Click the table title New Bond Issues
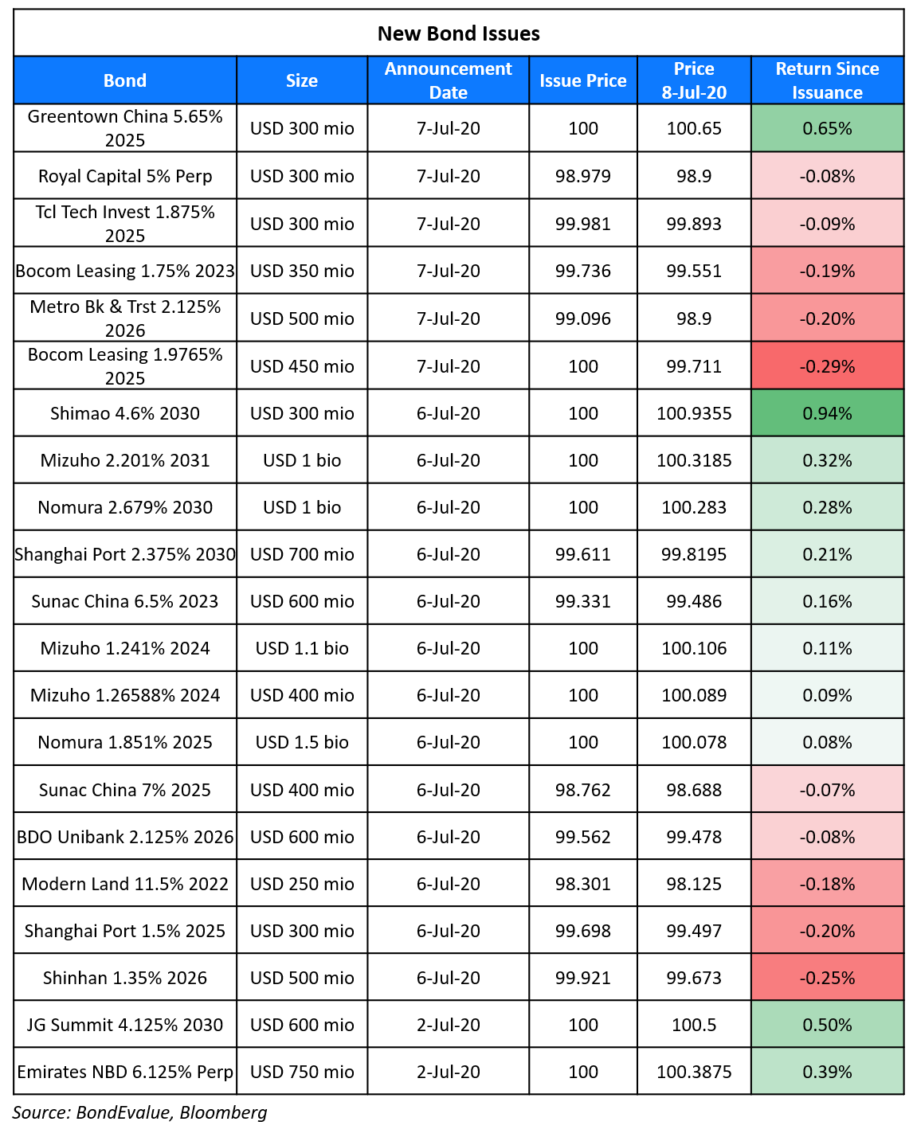point(459,33)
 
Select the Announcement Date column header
point(448,80)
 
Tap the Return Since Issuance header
point(827,80)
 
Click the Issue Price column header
point(582,80)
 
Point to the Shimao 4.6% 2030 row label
point(125,413)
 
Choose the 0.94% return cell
point(827,413)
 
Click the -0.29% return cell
point(827,365)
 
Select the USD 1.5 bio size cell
point(302,742)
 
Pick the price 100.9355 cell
point(694,413)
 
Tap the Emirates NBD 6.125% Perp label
point(125,1072)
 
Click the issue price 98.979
point(582,175)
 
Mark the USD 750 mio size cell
point(302,1072)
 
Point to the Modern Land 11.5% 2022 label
point(125,883)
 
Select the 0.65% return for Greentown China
point(827,127)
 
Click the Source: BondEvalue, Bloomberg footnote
point(139,1112)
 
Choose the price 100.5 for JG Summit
point(694,1025)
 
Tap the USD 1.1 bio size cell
point(302,648)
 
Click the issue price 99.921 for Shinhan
point(582,977)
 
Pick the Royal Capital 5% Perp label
point(125,175)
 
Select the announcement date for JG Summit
point(448,1025)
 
